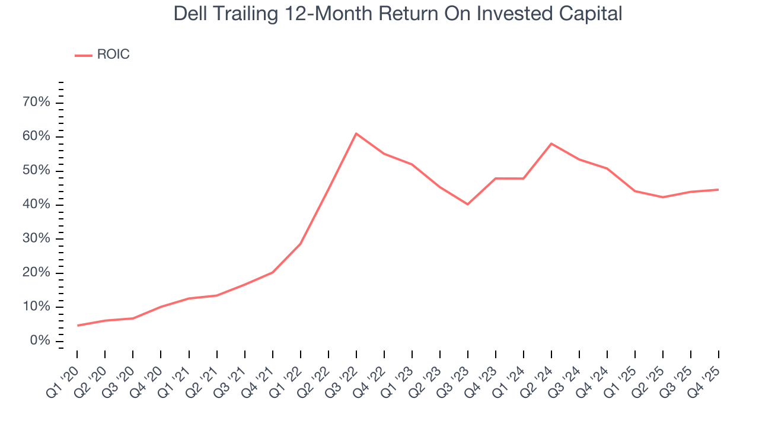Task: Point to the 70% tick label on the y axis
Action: click(36, 103)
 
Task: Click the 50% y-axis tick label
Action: click(36, 171)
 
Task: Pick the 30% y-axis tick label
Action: click(36, 239)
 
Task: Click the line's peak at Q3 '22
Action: click(356, 133)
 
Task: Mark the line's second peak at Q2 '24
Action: click(551, 144)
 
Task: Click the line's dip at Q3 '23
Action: click(468, 204)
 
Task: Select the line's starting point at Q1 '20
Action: click(77, 326)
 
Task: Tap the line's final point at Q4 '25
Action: click(719, 190)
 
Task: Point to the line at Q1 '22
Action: click(301, 244)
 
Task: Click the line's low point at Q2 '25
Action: click(663, 197)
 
